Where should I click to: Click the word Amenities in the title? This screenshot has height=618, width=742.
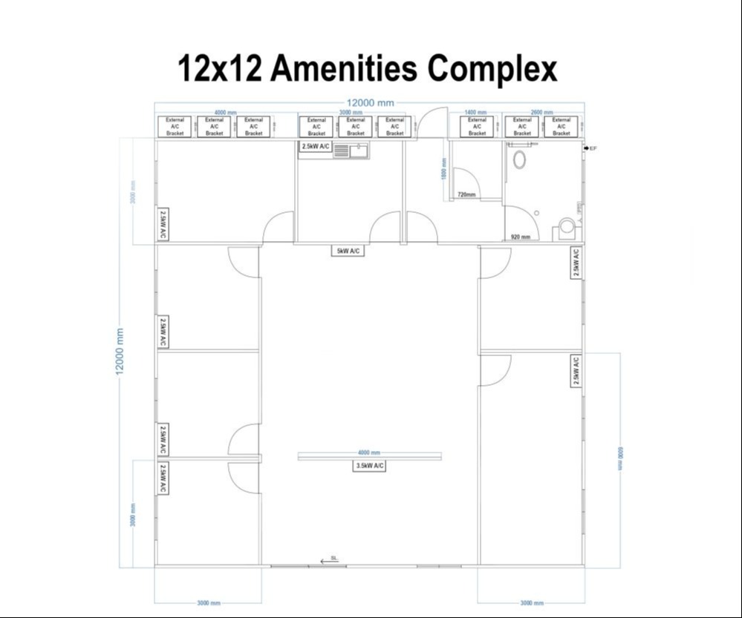[345, 69]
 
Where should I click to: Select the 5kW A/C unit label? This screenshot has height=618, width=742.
[348, 251]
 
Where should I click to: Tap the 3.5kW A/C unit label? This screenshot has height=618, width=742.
[369, 465]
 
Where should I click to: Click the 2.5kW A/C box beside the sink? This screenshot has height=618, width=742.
[316, 147]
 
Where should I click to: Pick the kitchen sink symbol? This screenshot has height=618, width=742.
[351, 151]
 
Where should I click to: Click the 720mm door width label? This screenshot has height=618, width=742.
[466, 194]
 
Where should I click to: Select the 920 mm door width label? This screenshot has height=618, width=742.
[521, 237]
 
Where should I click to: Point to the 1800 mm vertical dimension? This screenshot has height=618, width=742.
[444, 168]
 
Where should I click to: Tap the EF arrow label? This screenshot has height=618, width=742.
[590, 148]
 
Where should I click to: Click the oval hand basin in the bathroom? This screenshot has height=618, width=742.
[519, 159]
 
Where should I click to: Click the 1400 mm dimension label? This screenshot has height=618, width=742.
[475, 111]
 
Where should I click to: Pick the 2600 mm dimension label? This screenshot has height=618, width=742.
[542, 112]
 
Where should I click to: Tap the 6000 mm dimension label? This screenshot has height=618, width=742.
[621, 458]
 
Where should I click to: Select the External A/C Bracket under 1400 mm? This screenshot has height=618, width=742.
[477, 127]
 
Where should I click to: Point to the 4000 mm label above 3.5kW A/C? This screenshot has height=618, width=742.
[369, 452]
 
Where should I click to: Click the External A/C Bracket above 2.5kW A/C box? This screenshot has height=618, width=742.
[316, 127]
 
